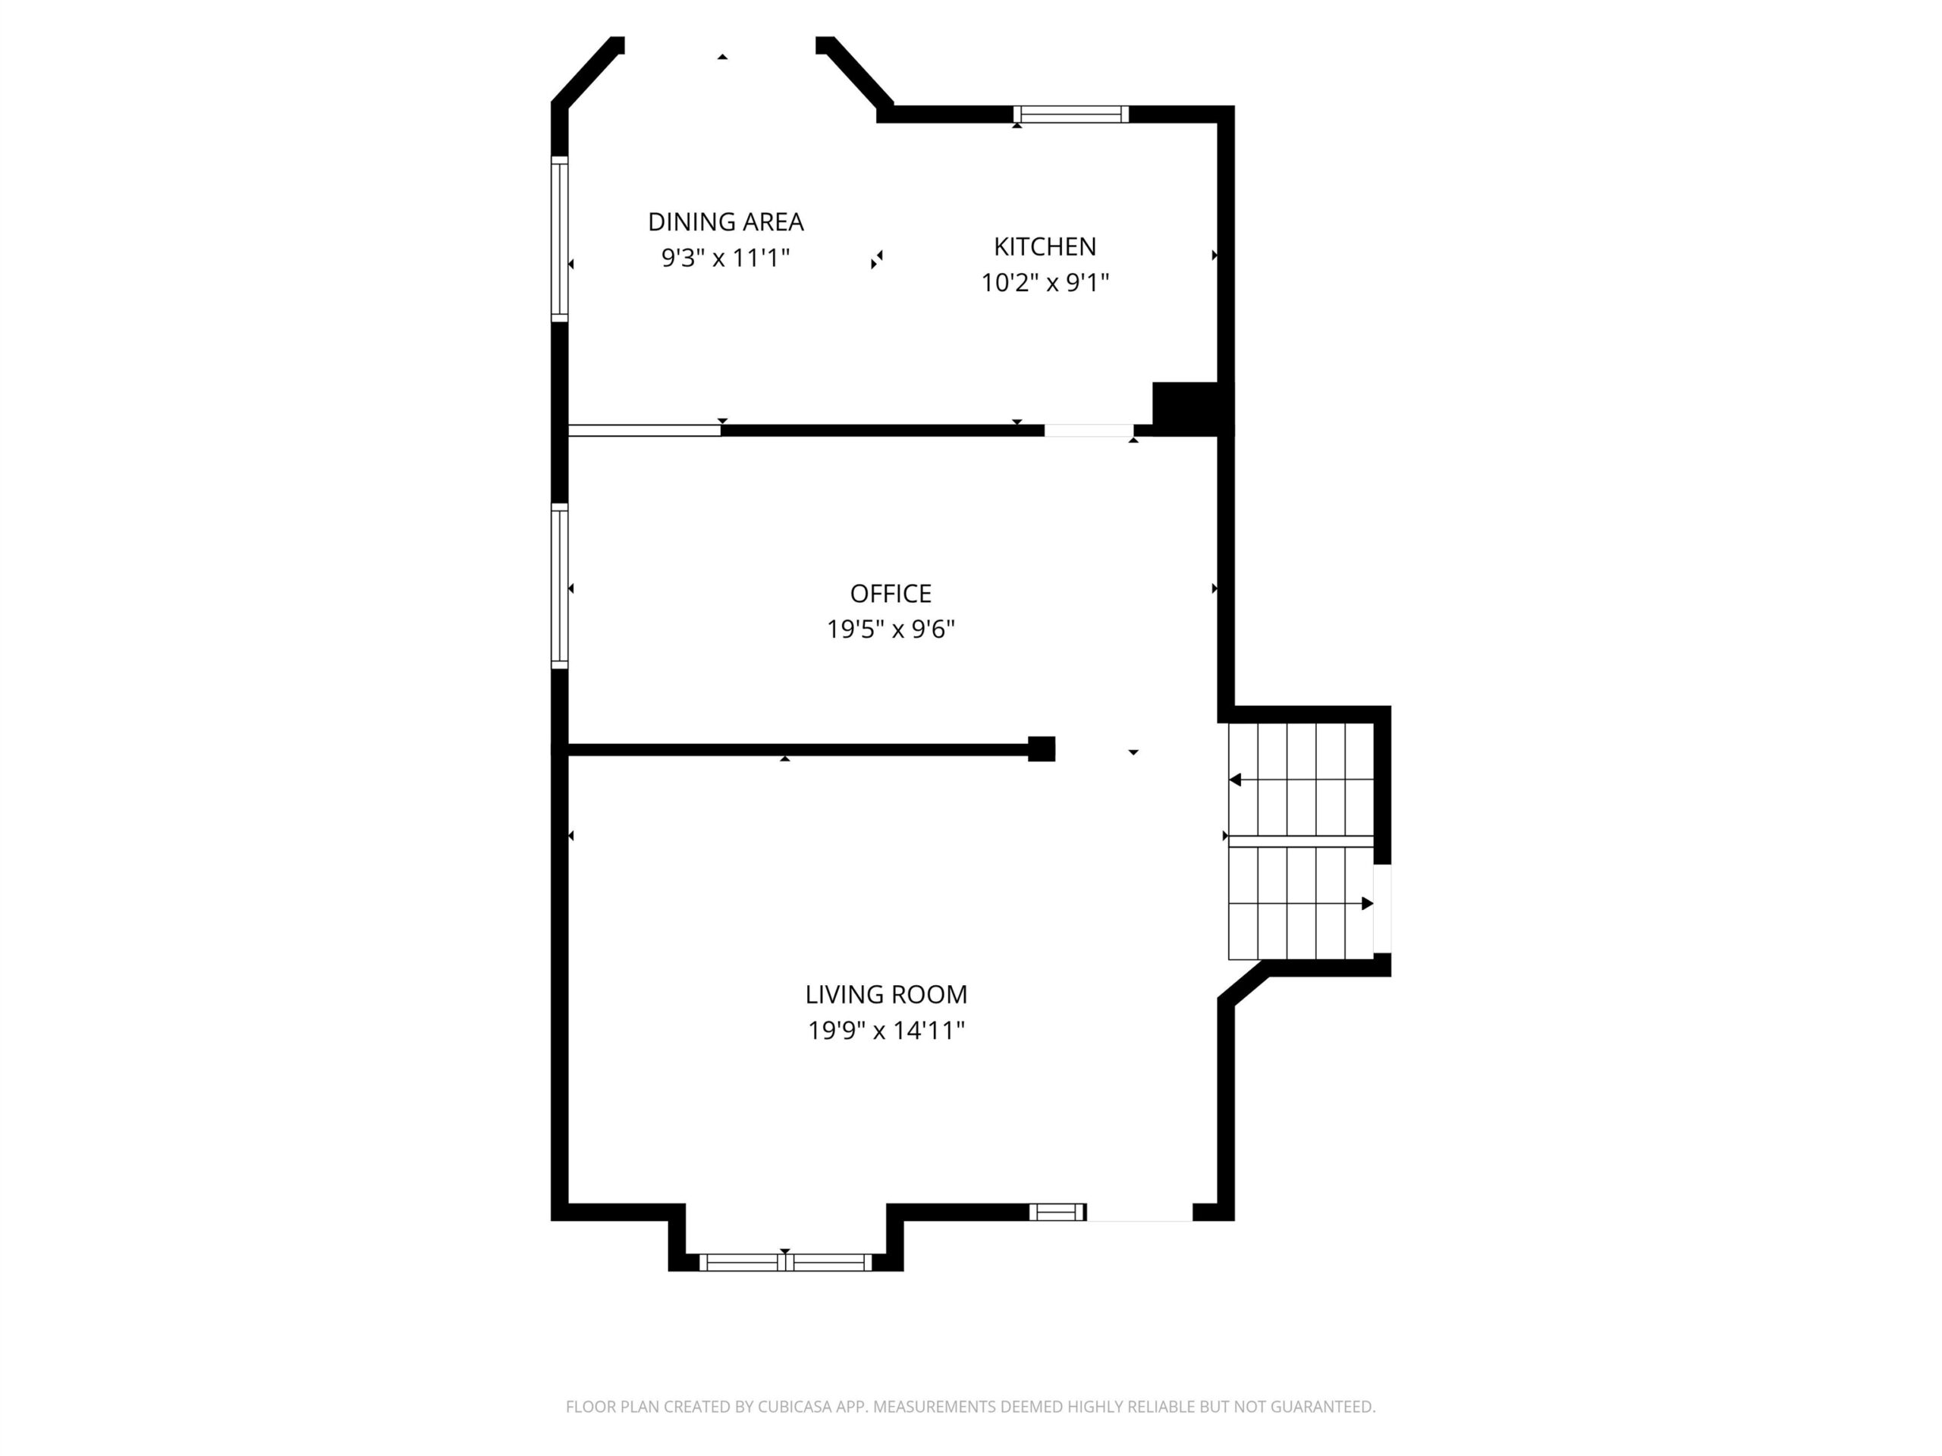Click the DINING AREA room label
pyautogui.click(x=725, y=222)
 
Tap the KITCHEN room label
pyautogui.click(x=1045, y=246)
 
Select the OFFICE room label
pyautogui.click(x=891, y=595)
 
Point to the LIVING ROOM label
pyautogui.click(x=886, y=994)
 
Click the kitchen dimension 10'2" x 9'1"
pyautogui.click(x=1045, y=283)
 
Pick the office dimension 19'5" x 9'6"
pyautogui.click(x=891, y=629)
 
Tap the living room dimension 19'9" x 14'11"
pyautogui.click(x=886, y=1030)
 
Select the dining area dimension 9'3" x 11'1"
pyautogui.click(x=725, y=258)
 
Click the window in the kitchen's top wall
pyautogui.click(x=1070, y=114)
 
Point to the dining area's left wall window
pyautogui.click(x=559, y=239)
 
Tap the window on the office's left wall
pyautogui.click(x=559, y=586)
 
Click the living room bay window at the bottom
pyautogui.click(x=785, y=1262)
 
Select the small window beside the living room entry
pyautogui.click(x=1057, y=1212)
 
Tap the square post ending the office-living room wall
pyautogui.click(x=1042, y=748)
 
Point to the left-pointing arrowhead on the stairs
pyautogui.click(x=1234, y=780)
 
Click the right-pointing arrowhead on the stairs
pyautogui.click(x=1367, y=903)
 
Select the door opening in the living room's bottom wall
pyautogui.click(x=1139, y=1212)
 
